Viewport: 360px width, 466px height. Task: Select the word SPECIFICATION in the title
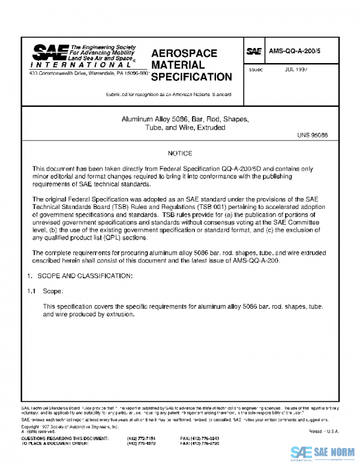191,77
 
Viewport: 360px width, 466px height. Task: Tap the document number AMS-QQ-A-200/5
293,52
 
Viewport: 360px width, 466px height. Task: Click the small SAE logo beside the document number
254,52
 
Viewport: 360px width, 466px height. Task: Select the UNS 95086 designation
312,135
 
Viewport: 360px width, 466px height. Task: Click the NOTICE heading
180,154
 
